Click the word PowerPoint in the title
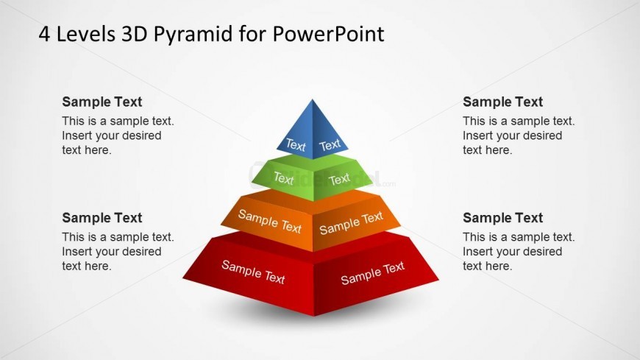(x=328, y=34)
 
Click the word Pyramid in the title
(x=193, y=35)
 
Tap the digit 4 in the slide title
(x=44, y=35)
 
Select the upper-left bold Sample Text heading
(x=102, y=102)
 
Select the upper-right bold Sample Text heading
(x=503, y=102)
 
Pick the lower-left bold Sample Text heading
(x=102, y=218)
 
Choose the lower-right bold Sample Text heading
(x=503, y=218)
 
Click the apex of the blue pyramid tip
(x=313, y=99)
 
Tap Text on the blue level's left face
(x=296, y=145)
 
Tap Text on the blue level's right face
(x=330, y=145)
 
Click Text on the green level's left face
(x=284, y=179)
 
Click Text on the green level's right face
(x=339, y=179)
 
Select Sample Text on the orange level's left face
(x=270, y=221)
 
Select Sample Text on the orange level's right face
(x=351, y=223)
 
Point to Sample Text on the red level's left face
(x=253, y=272)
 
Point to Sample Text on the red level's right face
(x=373, y=273)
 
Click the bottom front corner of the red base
(x=314, y=316)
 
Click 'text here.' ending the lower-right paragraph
(x=487, y=266)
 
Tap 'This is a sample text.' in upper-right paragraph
(x=519, y=121)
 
